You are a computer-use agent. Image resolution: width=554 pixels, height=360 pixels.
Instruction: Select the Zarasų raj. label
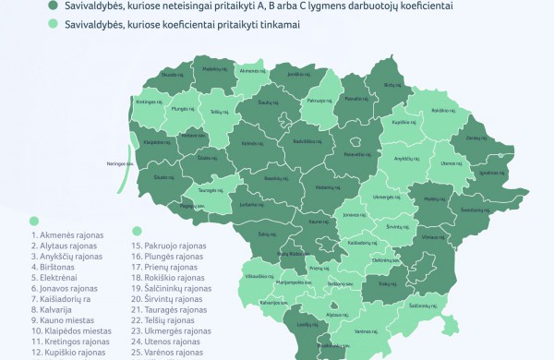(475, 138)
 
